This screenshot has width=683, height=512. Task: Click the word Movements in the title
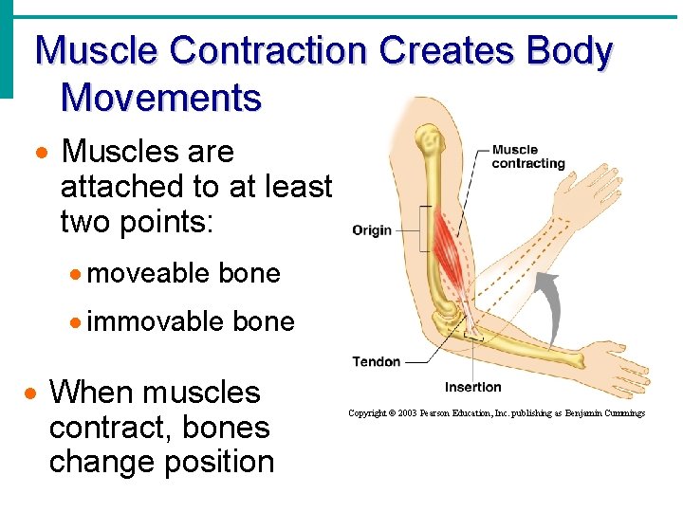click(160, 97)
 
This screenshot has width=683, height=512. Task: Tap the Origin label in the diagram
click(372, 229)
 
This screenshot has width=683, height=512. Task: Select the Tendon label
click(377, 361)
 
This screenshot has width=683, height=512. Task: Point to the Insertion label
click(472, 387)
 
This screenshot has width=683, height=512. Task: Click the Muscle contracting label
click(527, 156)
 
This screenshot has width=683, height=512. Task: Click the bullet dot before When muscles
click(31, 393)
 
